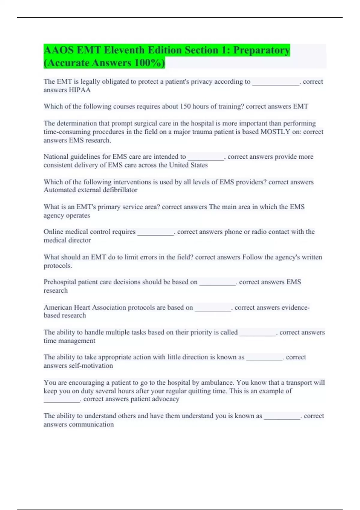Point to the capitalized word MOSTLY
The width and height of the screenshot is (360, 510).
[x=275, y=132]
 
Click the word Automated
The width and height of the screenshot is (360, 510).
[x=59, y=190]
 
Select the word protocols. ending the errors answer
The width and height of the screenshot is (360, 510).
[x=58, y=266]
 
